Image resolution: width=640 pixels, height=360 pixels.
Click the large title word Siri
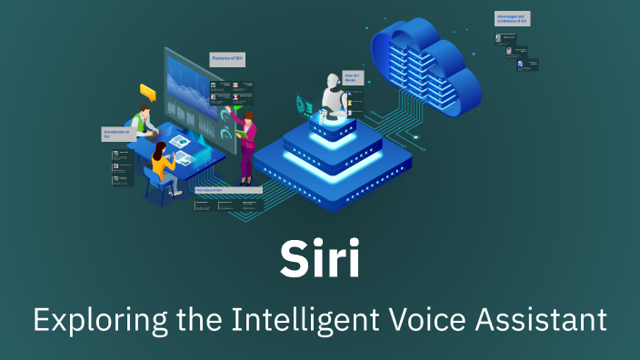coord(319,260)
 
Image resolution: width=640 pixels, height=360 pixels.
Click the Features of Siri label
coord(227,59)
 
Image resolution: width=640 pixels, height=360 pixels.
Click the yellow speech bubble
coord(147,91)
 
